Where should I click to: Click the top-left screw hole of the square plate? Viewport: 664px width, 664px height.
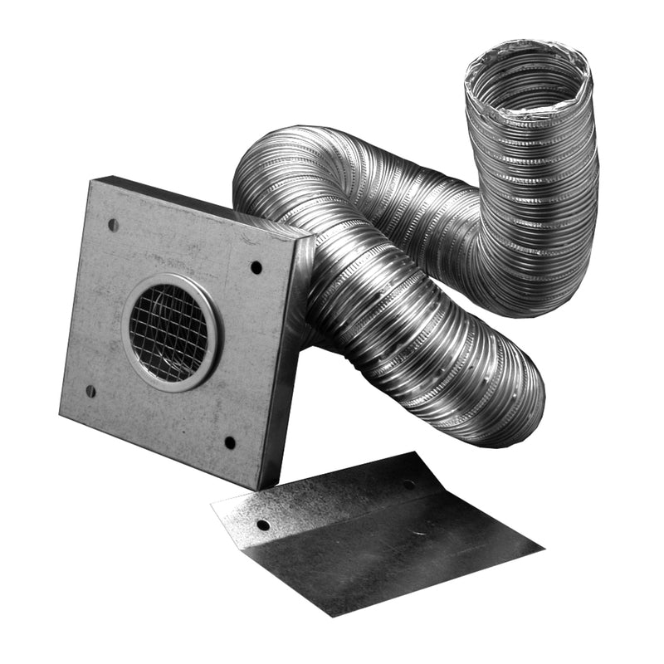pyautogui.click(x=113, y=225)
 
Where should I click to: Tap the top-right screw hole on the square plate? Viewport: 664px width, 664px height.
pyautogui.click(x=256, y=267)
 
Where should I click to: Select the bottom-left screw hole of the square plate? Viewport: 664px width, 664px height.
pyautogui.click(x=90, y=391)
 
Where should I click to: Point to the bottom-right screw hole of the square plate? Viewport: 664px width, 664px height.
pyautogui.click(x=230, y=442)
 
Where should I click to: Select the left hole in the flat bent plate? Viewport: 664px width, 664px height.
pyautogui.click(x=262, y=525)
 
